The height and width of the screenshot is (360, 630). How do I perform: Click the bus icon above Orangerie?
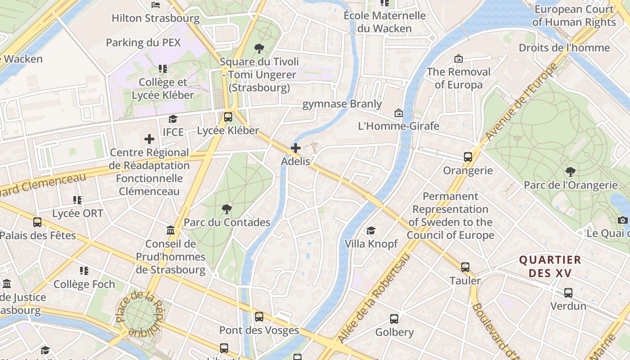tap(468, 157)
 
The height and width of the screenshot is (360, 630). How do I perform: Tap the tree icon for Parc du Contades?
tap(227, 209)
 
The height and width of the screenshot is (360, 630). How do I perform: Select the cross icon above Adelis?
tap(296, 148)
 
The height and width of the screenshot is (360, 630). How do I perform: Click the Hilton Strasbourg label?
tap(155, 18)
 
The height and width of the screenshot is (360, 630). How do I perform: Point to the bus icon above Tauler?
tap(465, 267)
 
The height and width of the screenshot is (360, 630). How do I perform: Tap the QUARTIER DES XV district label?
tap(550, 266)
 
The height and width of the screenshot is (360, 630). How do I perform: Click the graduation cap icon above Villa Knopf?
tap(371, 230)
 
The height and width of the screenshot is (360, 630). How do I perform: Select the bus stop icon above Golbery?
tap(394, 319)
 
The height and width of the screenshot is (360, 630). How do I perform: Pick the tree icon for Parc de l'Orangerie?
tap(571, 171)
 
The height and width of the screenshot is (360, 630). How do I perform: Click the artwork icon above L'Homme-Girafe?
tap(398, 112)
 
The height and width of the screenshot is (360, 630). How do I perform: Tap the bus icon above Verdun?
tap(568, 293)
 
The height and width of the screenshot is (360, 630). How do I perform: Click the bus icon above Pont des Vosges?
tap(259, 317)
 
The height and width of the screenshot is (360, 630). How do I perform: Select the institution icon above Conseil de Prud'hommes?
tap(171, 230)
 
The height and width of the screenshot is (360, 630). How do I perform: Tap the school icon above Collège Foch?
tap(84, 271)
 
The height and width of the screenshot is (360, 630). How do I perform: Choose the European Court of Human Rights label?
tap(574, 16)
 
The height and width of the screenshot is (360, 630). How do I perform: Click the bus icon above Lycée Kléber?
tap(228, 117)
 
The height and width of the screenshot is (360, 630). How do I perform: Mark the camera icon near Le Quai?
tap(622, 220)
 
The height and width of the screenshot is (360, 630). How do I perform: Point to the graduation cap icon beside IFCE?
tap(173, 119)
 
